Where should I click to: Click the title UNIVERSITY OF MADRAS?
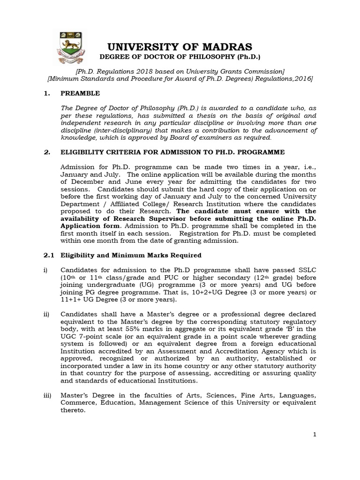180,47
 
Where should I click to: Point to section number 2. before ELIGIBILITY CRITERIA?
46,152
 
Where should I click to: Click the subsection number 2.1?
49,255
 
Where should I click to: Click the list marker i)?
45,270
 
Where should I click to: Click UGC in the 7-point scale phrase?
68,336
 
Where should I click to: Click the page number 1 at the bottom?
315,435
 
